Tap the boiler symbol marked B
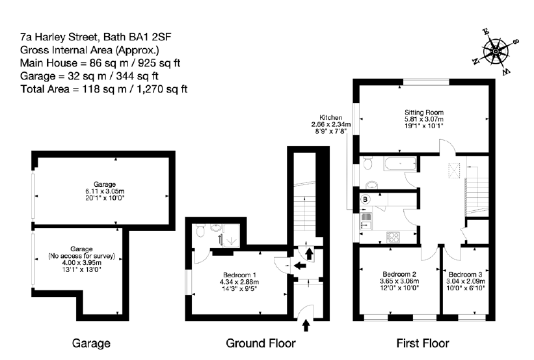[x=366, y=199]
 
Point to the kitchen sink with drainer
[x=366, y=221]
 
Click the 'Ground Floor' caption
[x=260, y=343]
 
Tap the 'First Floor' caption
[x=422, y=343]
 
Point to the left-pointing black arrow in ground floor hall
[x=299, y=265]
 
